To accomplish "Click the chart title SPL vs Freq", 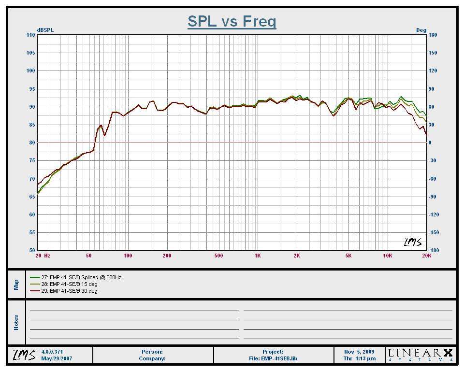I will pyautogui.click(x=232, y=21).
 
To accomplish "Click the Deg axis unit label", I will pyautogui.click(x=421, y=30).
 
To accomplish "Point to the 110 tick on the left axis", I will pyautogui.click(x=31, y=35).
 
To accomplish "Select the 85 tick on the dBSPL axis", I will pyautogui.click(x=32, y=125).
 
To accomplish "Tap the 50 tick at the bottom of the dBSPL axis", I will pyautogui.click(x=32, y=250).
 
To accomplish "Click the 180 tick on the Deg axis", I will pyautogui.click(x=433, y=35).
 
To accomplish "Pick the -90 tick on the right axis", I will pyautogui.click(x=433, y=197).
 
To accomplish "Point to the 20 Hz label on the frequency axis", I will pyautogui.click(x=43, y=256).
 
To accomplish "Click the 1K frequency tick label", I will pyautogui.click(x=258, y=256).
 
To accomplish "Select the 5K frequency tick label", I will pyautogui.click(x=348, y=256).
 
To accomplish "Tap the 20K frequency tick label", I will pyautogui.click(x=426, y=256).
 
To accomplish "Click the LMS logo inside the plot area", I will pyautogui.click(x=413, y=242).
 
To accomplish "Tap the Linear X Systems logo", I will pyautogui.click(x=420, y=355).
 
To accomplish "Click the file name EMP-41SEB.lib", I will pyautogui.click(x=273, y=359).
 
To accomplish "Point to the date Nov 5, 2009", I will pyautogui.click(x=360, y=352).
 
